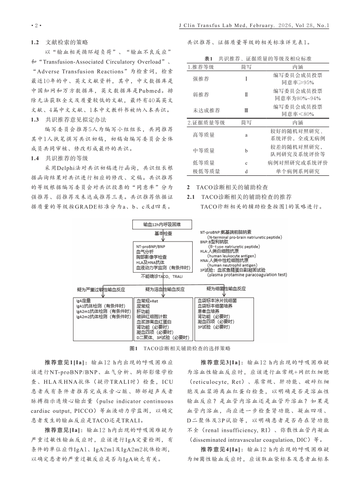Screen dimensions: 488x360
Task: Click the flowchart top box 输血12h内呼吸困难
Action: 157,224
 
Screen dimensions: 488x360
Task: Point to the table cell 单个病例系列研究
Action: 297,171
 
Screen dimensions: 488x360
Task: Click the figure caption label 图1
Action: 133,348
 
